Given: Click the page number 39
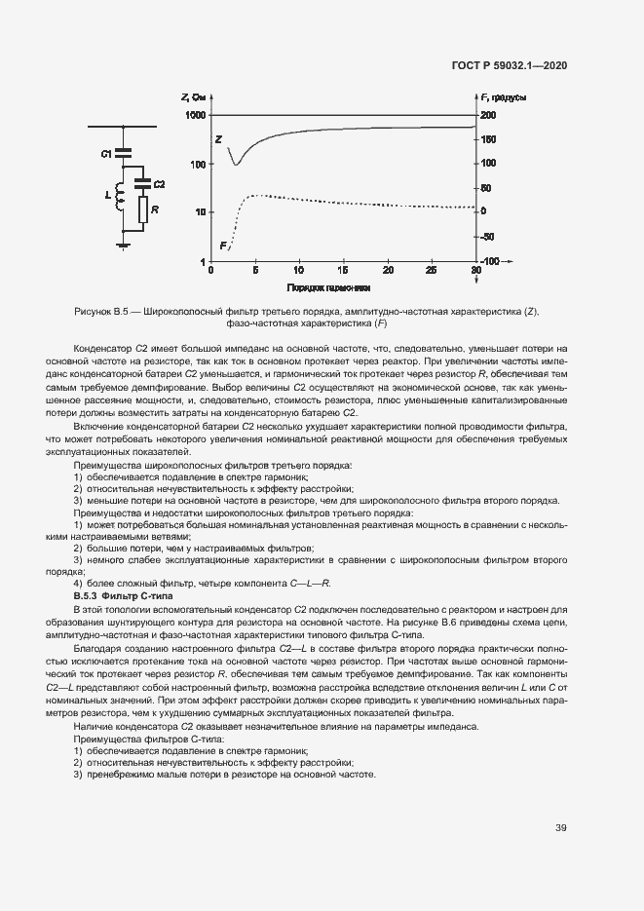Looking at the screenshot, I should (x=561, y=827).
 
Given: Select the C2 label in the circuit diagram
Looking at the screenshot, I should (x=159, y=184).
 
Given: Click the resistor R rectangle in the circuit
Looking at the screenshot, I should (x=142, y=209).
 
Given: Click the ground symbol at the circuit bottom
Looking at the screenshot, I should (x=123, y=245).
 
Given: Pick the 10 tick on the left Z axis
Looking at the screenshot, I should (x=200, y=212).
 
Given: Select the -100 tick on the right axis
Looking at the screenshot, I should (x=488, y=262).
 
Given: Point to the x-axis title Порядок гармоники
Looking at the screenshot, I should (x=328, y=289).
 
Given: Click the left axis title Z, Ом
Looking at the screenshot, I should (x=193, y=97).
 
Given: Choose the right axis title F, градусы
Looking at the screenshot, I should (x=505, y=97).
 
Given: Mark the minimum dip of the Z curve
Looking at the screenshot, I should (x=236, y=164).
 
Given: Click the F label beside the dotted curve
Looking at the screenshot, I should (x=223, y=245).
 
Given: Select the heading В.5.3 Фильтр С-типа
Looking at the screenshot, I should (x=123, y=594).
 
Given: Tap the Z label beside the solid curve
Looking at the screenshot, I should (x=218, y=139).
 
